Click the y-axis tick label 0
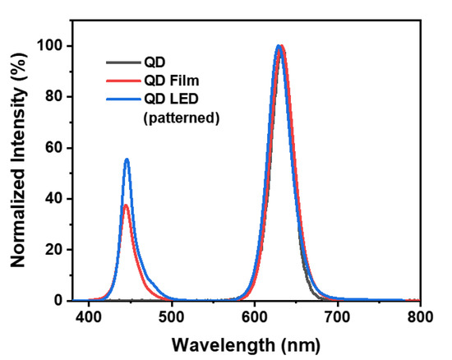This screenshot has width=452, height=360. pos(59,301)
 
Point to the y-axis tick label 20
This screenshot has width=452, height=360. pos(55,250)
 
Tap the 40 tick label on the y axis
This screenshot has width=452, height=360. pos(55,199)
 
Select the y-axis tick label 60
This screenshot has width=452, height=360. pos(55,148)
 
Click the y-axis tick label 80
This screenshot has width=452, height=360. pos(55,97)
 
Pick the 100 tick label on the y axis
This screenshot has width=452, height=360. pos(51,46)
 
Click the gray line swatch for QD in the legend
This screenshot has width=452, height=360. pos(121,61)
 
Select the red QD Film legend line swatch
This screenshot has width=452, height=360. pos(121,79)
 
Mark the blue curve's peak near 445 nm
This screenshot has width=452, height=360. pos(127,159)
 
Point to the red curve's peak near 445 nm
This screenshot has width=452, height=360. pos(126,205)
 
